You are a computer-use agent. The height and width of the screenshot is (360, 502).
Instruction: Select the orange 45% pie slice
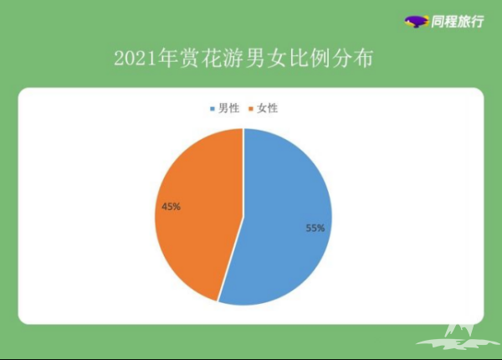[x=198, y=211]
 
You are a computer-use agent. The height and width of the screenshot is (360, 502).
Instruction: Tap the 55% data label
[x=315, y=228]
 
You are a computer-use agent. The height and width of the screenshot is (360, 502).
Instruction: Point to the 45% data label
[x=171, y=207]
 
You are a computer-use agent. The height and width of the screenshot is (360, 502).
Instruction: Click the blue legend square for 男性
[x=213, y=109]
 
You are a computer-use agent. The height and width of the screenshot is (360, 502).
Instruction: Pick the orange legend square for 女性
[x=251, y=109]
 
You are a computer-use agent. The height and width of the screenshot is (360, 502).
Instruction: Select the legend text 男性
[x=228, y=108]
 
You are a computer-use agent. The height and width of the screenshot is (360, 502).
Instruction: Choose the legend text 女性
[x=268, y=108]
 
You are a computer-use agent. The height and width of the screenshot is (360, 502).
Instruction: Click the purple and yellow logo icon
[x=417, y=22]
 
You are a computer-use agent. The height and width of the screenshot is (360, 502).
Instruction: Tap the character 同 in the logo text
[x=438, y=22]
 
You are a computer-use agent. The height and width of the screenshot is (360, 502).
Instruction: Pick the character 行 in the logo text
[x=477, y=22]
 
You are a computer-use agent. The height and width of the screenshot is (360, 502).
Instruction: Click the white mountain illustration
[x=458, y=337]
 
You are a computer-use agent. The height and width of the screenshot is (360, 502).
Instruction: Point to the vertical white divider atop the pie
[x=243, y=172]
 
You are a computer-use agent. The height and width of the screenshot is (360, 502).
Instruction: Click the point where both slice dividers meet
[x=243, y=217]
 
